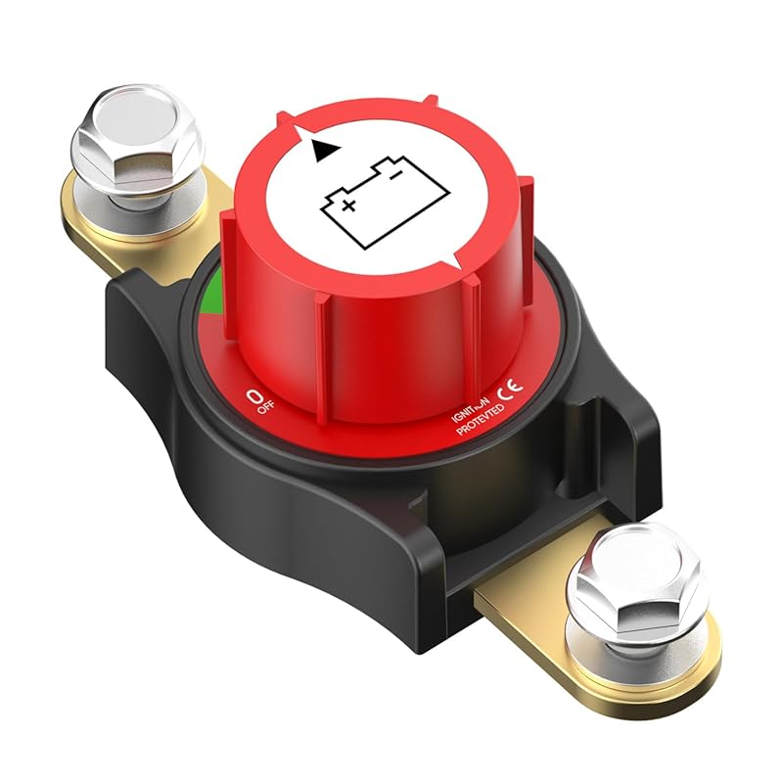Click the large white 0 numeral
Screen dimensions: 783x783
(x=255, y=396)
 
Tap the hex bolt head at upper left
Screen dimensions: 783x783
(x=136, y=142)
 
